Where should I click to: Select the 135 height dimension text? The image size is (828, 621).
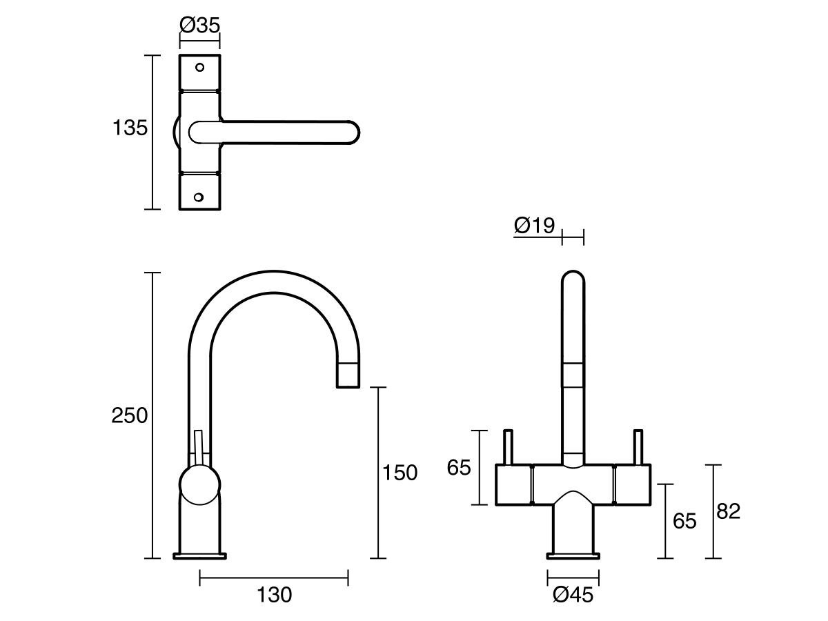[x=130, y=128]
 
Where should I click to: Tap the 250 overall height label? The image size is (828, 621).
[x=130, y=415]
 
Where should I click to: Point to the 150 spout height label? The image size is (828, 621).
[x=401, y=473]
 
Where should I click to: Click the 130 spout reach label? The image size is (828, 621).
[x=274, y=595]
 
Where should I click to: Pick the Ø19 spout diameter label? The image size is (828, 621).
[x=535, y=226]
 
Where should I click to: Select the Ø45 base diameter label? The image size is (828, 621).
[x=573, y=595]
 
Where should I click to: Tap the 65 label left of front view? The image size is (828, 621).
[x=459, y=468]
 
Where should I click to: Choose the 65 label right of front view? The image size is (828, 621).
[x=685, y=521]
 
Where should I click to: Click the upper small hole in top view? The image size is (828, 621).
[x=200, y=68]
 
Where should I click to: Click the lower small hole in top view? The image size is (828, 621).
[x=200, y=197]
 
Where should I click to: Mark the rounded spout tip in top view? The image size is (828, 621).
[x=352, y=132]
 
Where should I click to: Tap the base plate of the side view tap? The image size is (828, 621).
[x=199, y=555]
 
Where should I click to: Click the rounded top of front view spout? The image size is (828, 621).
[x=573, y=279]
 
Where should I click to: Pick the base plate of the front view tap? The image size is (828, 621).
[x=573, y=555]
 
